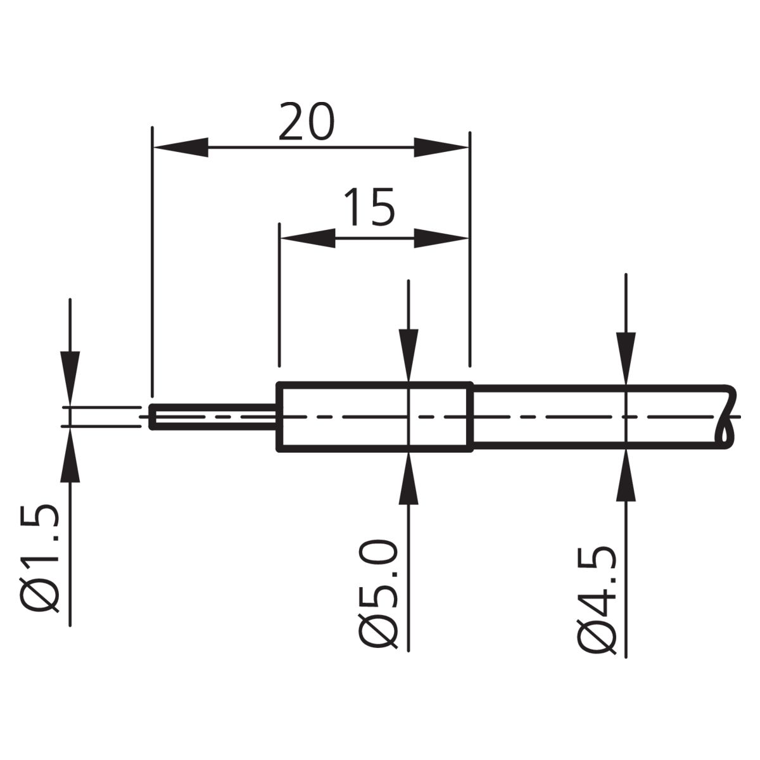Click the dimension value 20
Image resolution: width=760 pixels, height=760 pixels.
point(307,122)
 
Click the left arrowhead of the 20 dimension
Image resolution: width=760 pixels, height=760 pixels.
point(180,148)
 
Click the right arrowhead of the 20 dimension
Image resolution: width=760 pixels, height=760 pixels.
point(441,148)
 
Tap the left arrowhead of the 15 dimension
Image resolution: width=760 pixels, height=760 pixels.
point(308,238)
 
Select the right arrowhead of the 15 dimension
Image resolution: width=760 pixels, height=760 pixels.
point(441,238)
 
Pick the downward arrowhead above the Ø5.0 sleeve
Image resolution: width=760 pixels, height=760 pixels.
point(408,355)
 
